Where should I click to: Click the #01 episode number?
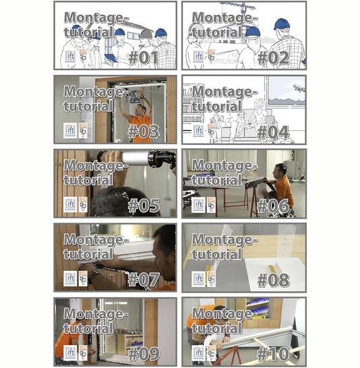pyautogui.click(x=144, y=57)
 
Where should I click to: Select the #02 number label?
pyautogui.click(x=273, y=57)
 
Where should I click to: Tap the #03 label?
pyautogui.click(x=144, y=131)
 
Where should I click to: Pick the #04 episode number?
pyautogui.click(x=273, y=131)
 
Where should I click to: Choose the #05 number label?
pyautogui.click(x=144, y=205)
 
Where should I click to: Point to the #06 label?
pyautogui.click(x=273, y=205)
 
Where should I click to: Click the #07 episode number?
pyautogui.click(x=144, y=279)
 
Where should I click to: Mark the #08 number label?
pyautogui.click(x=273, y=279)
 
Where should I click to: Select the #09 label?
pyautogui.click(x=144, y=352)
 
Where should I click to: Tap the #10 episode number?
pyautogui.click(x=273, y=352)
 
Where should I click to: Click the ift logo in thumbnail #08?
pyautogui.click(x=199, y=278)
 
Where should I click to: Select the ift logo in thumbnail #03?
pyautogui.click(x=69, y=130)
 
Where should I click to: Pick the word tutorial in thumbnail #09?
pyautogui.click(x=87, y=328)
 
